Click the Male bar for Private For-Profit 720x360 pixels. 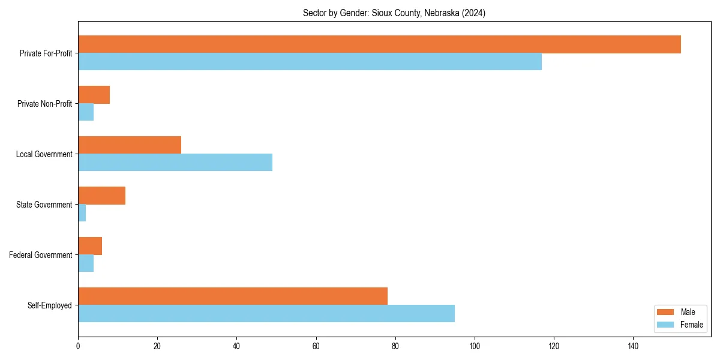pyautogui.click(x=379, y=44)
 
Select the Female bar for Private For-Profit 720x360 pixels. pyautogui.click(x=310, y=62)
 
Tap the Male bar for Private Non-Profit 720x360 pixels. pyautogui.click(x=94, y=95)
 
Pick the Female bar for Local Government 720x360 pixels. pyautogui.click(x=175, y=163)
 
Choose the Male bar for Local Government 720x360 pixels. pyautogui.click(x=130, y=145)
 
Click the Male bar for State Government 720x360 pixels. pyautogui.click(x=101, y=196)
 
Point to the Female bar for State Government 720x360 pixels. pyautogui.click(x=82, y=213)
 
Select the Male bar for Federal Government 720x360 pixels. pyautogui.click(x=90, y=246)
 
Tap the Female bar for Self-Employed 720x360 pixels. pyautogui.click(x=266, y=314)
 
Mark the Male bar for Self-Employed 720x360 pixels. pyautogui.click(x=233, y=296)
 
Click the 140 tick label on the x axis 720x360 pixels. pyautogui.click(x=633, y=346)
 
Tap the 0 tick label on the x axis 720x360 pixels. pyautogui.click(x=78, y=346)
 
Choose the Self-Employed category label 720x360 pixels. pyautogui.click(x=49, y=305)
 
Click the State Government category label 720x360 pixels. pyautogui.click(x=44, y=205)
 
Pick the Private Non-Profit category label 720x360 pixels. pyautogui.click(x=44, y=104)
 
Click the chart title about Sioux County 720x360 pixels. pyautogui.click(x=394, y=13)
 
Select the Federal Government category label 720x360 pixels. pyautogui.click(x=41, y=255)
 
